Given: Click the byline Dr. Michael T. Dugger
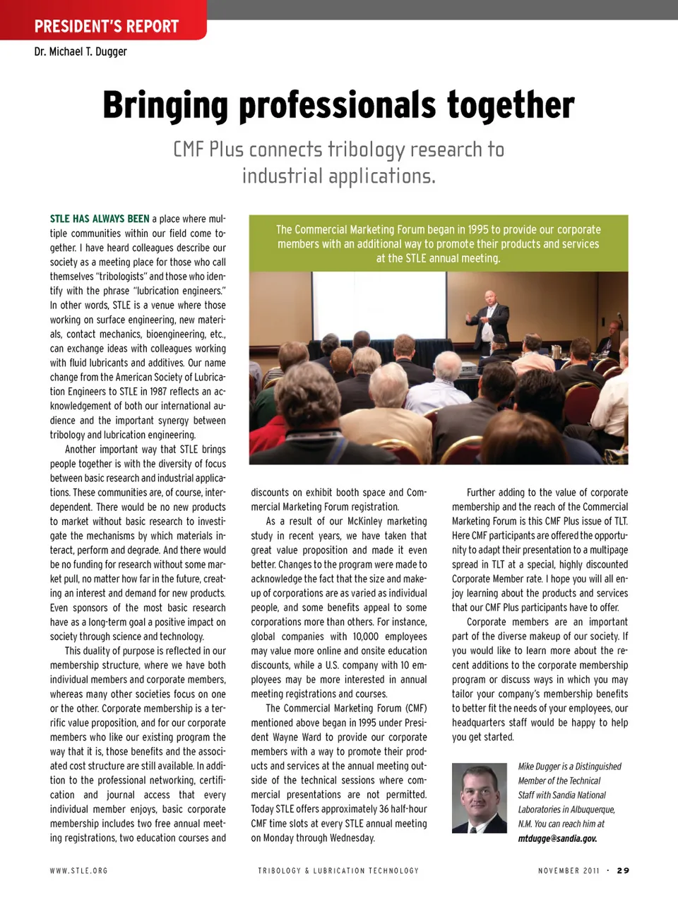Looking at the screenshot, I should (81, 52).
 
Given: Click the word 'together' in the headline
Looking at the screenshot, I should (510, 106).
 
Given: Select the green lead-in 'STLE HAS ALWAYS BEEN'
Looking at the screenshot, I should (100, 219).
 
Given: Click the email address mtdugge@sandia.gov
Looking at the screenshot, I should (557, 838).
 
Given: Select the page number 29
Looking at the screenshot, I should (622, 870).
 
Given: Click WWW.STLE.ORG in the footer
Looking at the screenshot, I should (79, 871).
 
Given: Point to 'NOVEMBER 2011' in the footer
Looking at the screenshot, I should (569, 871).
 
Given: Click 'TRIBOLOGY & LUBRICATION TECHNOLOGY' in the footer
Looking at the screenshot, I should (338, 871).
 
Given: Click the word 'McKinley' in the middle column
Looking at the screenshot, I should (346, 521).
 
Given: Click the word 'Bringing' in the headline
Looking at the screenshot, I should (165, 106).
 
